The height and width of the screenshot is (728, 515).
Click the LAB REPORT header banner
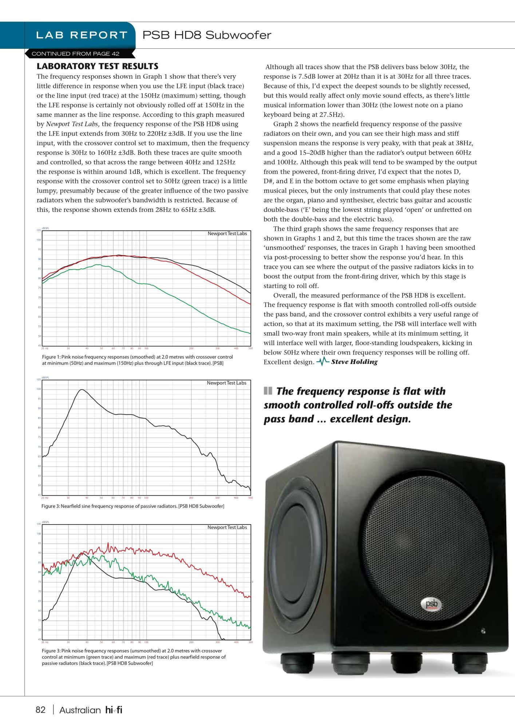tap(82, 35)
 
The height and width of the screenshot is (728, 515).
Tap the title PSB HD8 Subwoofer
tap(207, 35)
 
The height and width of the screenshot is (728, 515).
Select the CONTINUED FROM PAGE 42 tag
tap(75, 54)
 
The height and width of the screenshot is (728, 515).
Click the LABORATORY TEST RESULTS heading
tap(98, 66)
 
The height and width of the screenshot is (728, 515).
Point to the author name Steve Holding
tap(354, 362)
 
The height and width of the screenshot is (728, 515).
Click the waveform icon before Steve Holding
tap(322, 361)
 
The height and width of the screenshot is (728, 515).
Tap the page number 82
tap(40, 710)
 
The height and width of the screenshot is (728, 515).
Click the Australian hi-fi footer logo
tap(91, 710)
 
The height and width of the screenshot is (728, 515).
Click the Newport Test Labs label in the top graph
tap(227, 234)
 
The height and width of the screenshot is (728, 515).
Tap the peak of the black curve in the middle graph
tap(82, 390)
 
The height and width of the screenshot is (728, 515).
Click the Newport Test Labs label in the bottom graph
tap(227, 527)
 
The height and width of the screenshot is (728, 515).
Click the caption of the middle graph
tap(132, 506)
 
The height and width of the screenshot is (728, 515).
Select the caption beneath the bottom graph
tap(134, 657)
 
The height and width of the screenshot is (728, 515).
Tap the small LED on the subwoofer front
tap(483, 631)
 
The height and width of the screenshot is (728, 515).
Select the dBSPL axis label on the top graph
tap(45, 229)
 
